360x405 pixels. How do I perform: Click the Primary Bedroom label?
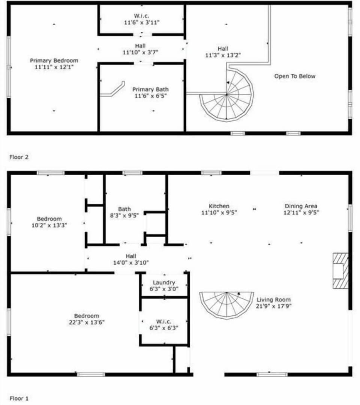pyautogui.click(x=54, y=60)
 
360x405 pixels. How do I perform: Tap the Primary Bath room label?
pyautogui.click(x=150, y=89)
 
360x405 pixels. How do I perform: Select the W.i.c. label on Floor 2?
pyautogui.click(x=142, y=16)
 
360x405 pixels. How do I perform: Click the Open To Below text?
pyautogui.click(x=294, y=76)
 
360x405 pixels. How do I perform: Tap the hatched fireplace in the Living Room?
pyautogui.click(x=340, y=271)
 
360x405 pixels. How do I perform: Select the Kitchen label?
pyautogui.click(x=219, y=206)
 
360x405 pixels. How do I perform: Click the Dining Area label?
pyautogui.click(x=301, y=206)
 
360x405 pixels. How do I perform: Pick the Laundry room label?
pyautogui.click(x=164, y=283)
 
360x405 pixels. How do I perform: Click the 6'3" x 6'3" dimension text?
pyautogui.click(x=164, y=328)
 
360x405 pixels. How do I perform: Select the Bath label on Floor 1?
pyautogui.click(x=124, y=209)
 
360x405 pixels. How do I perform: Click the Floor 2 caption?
pyautogui.click(x=19, y=157)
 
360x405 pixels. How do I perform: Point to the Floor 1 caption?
pyautogui.click(x=19, y=398)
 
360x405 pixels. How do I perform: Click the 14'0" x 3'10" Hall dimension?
pyautogui.click(x=131, y=263)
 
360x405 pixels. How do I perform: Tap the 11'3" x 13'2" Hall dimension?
pyautogui.click(x=223, y=55)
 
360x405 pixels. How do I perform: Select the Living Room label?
pyautogui.click(x=273, y=300)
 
